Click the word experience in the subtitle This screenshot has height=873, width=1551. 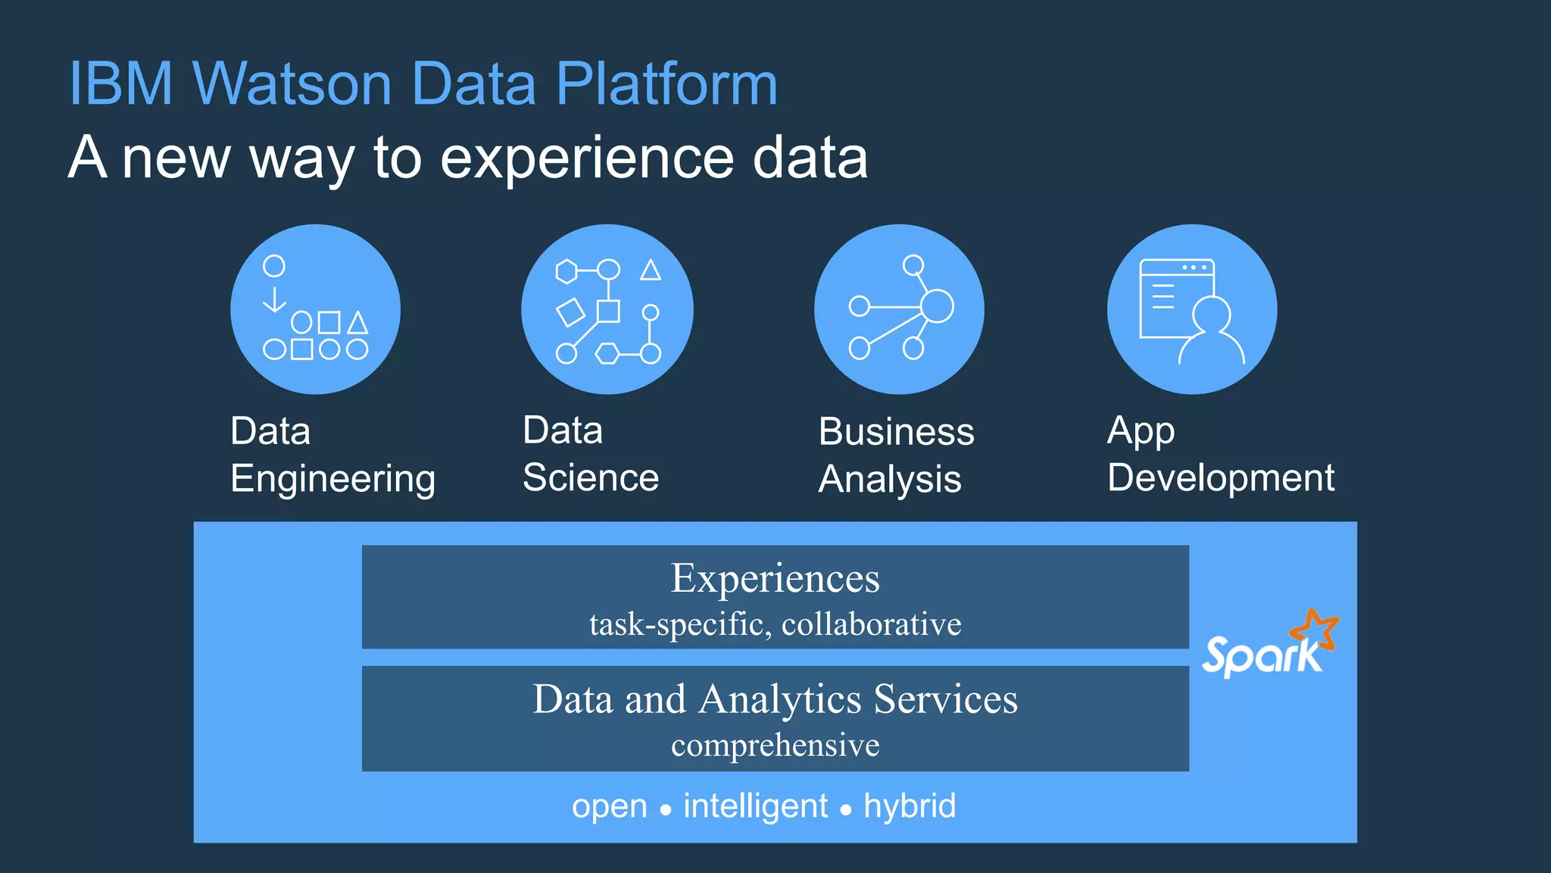click(586, 159)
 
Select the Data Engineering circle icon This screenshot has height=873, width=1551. click(315, 309)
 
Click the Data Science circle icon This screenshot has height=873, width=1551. click(607, 309)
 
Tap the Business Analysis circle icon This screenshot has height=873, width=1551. click(899, 309)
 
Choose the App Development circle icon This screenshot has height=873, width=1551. click(1192, 309)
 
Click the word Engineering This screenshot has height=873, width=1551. click(332, 479)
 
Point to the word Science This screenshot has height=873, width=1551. click(591, 477)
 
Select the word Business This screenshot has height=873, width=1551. click(896, 432)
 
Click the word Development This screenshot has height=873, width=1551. click(1220, 477)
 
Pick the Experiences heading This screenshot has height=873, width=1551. click(775, 578)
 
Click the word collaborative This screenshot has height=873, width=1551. click(871, 624)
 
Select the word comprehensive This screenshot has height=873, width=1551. click(775, 745)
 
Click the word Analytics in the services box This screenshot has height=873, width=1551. click(780, 699)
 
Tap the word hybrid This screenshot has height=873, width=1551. click(910, 806)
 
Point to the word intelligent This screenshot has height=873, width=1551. click(755, 806)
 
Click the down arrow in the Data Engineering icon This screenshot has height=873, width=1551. click(274, 299)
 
